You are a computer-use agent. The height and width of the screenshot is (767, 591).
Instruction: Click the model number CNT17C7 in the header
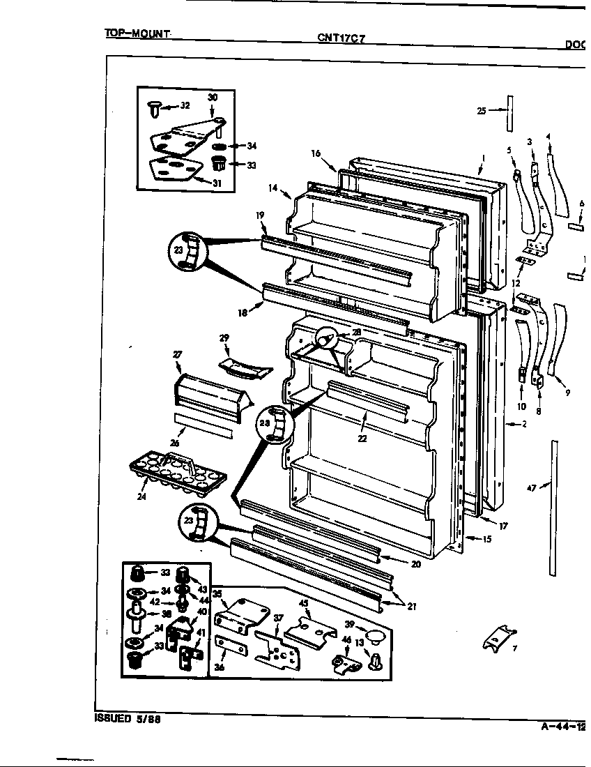[x=341, y=38]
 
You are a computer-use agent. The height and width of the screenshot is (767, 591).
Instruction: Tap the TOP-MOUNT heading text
[x=137, y=33]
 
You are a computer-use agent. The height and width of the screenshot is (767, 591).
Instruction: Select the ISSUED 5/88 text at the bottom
[x=128, y=719]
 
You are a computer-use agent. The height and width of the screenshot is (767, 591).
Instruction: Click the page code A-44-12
[x=562, y=726]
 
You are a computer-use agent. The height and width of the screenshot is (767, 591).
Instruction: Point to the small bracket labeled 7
[x=500, y=636]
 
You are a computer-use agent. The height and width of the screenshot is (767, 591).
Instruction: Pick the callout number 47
[x=531, y=489]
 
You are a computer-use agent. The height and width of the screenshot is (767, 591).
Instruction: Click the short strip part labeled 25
[x=510, y=114]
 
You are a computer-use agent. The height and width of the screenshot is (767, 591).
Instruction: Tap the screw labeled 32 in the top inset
[x=154, y=107]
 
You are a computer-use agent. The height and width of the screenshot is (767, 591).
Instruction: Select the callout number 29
[x=224, y=338]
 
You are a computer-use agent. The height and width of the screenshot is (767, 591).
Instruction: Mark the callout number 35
[x=217, y=595]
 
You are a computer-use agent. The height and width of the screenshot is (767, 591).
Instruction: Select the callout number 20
[x=416, y=564]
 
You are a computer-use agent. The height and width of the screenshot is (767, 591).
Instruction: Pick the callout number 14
[x=273, y=188]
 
